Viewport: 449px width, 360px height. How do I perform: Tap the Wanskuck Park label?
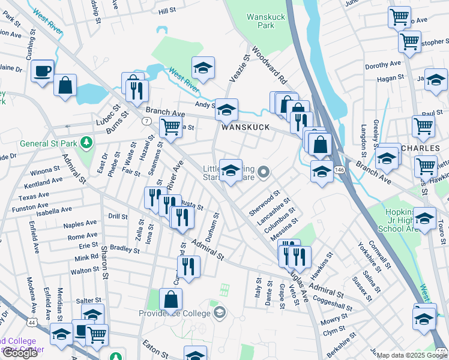pyautogui.click(x=265, y=22)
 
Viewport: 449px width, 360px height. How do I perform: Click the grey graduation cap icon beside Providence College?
pyautogui.click(x=220, y=312)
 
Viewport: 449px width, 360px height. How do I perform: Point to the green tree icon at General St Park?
pyautogui.click(x=87, y=142)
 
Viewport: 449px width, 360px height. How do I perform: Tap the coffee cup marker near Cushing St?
pyautogui.click(x=43, y=71)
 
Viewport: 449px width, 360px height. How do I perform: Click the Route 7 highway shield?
pyautogui.click(x=146, y=122)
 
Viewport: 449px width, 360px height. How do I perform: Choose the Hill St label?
pyautogui.click(x=167, y=11)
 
